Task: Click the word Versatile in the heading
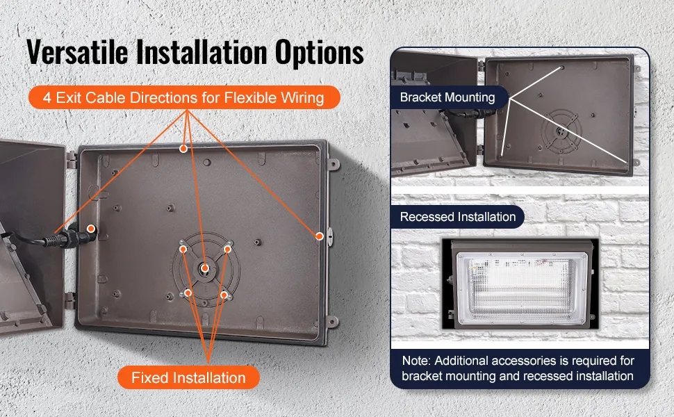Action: [x=77, y=51]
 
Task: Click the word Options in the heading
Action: [x=320, y=52]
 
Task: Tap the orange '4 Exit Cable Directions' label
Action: [x=184, y=97]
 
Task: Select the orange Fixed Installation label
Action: [x=188, y=377]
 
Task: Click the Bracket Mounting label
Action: [x=447, y=97]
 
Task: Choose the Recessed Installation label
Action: [x=457, y=217]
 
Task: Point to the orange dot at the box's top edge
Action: [x=183, y=149]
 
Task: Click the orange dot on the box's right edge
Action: [x=320, y=236]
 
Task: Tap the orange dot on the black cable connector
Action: [x=91, y=229]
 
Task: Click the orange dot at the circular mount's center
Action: [x=205, y=268]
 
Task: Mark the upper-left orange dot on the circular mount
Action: [x=183, y=250]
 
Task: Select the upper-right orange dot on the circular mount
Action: [x=227, y=250]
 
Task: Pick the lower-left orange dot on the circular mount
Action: [x=188, y=293]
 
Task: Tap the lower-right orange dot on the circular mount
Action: [x=224, y=295]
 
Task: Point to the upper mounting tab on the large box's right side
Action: [x=334, y=164]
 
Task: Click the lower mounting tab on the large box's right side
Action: [x=333, y=321]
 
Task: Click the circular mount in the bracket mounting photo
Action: [x=561, y=131]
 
